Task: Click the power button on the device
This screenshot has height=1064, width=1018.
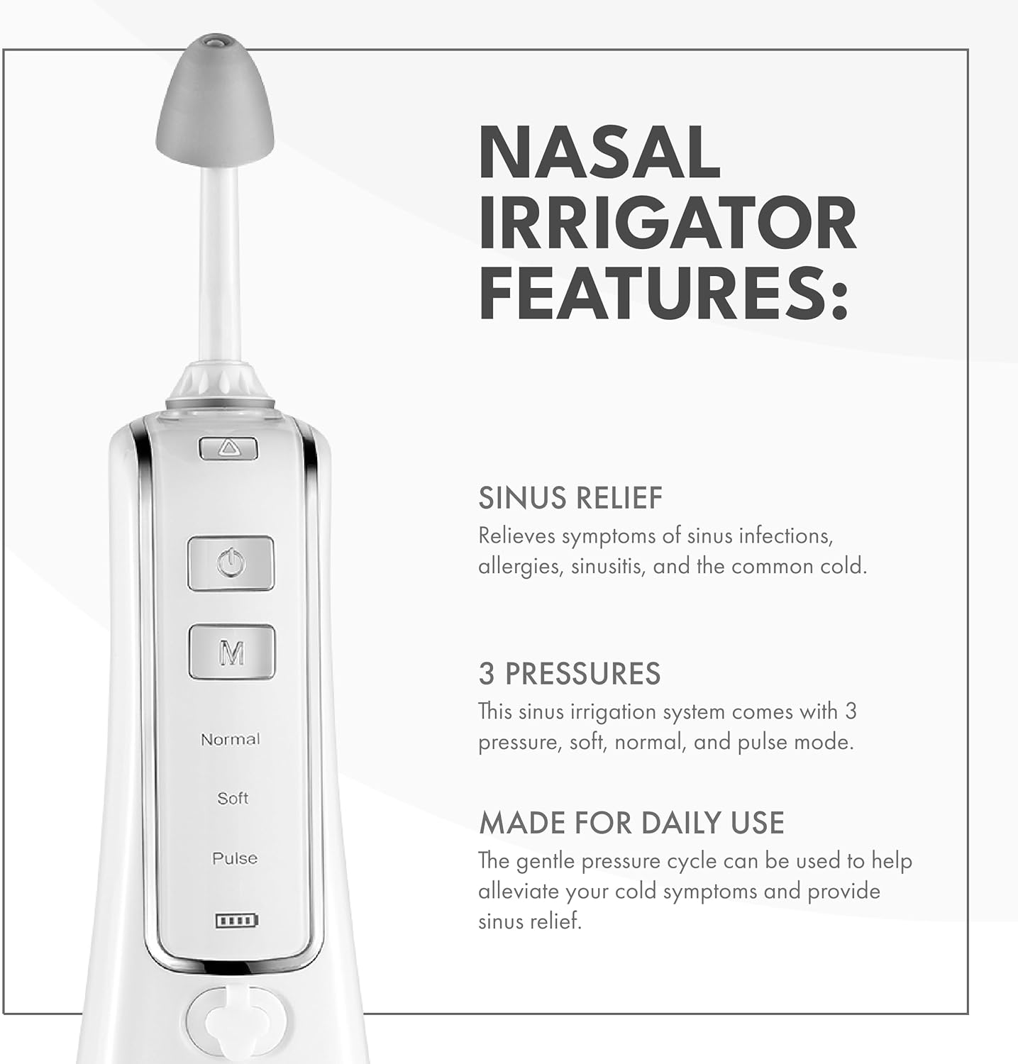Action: [231, 564]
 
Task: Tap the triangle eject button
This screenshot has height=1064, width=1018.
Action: [228, 448]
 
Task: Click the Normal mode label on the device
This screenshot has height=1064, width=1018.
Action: [231, 739]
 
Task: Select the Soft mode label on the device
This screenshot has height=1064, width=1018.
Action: [233, 798]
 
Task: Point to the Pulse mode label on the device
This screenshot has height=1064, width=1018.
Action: [235, 858]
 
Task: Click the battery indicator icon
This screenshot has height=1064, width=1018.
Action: [237, 921]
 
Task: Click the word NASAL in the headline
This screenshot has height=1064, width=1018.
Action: [599, 153]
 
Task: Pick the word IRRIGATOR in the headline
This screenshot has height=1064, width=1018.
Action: [668, 223]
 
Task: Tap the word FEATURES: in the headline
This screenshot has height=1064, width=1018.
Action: [663, 292]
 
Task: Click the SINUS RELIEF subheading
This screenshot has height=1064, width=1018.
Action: [570, 498]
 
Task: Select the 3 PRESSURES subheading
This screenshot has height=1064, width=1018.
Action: [570, 673]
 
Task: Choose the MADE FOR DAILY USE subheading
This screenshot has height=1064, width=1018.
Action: [631, 823]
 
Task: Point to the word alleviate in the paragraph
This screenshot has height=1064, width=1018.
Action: [519, 892]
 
